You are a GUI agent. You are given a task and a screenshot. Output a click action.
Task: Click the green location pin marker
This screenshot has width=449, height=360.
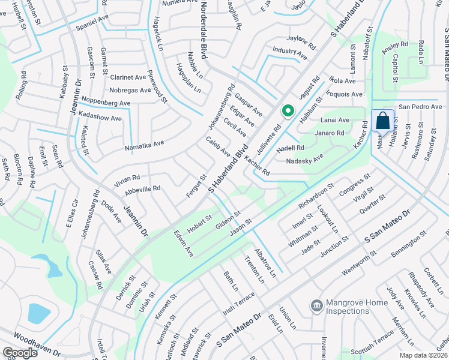click(288, 111)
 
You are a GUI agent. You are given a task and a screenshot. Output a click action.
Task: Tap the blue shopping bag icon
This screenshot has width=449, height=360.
click(382, 121)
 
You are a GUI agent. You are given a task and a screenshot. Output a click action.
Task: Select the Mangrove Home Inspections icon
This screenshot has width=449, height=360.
click(316, 306)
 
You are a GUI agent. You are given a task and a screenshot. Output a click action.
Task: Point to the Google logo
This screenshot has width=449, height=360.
click(20, 353)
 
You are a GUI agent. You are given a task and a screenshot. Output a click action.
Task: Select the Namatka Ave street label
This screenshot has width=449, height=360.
click(144, 145)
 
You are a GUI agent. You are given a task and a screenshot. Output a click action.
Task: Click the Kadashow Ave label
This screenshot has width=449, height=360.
click(100, 118)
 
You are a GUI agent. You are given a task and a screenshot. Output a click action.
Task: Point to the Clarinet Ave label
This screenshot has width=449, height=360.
click(128, 77)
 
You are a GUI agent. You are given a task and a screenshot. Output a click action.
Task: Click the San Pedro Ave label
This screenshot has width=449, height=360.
click(420, 107)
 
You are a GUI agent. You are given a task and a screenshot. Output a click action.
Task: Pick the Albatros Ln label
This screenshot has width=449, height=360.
click(265, 261)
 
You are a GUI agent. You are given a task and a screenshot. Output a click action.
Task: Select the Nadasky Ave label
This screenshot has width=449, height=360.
click(304, 158)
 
